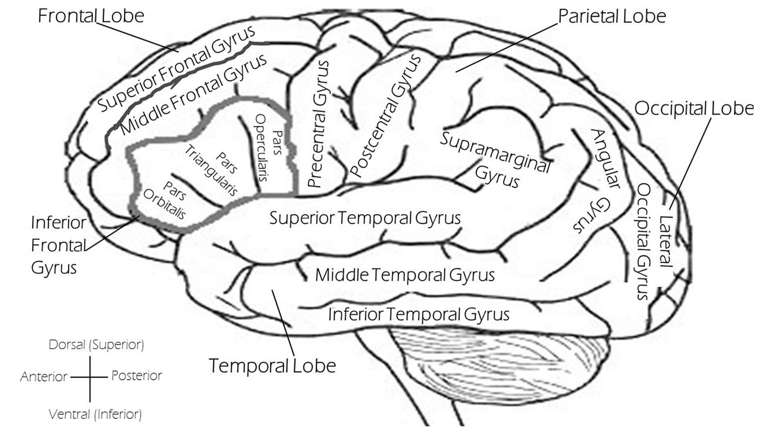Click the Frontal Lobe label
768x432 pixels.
pyautogui.click(x=91, y=16)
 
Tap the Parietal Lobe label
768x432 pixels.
pyautogui.click(x=612, y=16)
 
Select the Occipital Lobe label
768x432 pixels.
pyautogui.click(x=694, y=108)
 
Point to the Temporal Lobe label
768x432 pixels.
pyautogui.click(x=272, y=366)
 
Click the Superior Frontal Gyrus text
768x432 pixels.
pyautogui.click(x=176, y=68)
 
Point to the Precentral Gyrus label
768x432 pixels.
pyautogui.click(x=319, y=124)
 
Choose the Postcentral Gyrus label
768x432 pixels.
pyautogui.click(x=385, y=116)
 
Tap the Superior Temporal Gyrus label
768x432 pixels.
pyautogui.click(x=365, y=218)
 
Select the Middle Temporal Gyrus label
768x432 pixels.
pyautogui.click(x=405, y=275)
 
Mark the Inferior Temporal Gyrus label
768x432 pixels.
pyautogui.click(x=419, y=314)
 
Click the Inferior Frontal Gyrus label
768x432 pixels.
pyautogui.click(x=59, y=245)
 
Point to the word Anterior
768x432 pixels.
pyautogui.click(x=44, y=377)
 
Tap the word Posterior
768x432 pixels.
pyautogui.click(x=137, y=376)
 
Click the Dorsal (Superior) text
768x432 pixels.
pyautogui.click(x=96, y=344)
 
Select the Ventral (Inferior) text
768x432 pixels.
pyautogui.click(x=95, y=414)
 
